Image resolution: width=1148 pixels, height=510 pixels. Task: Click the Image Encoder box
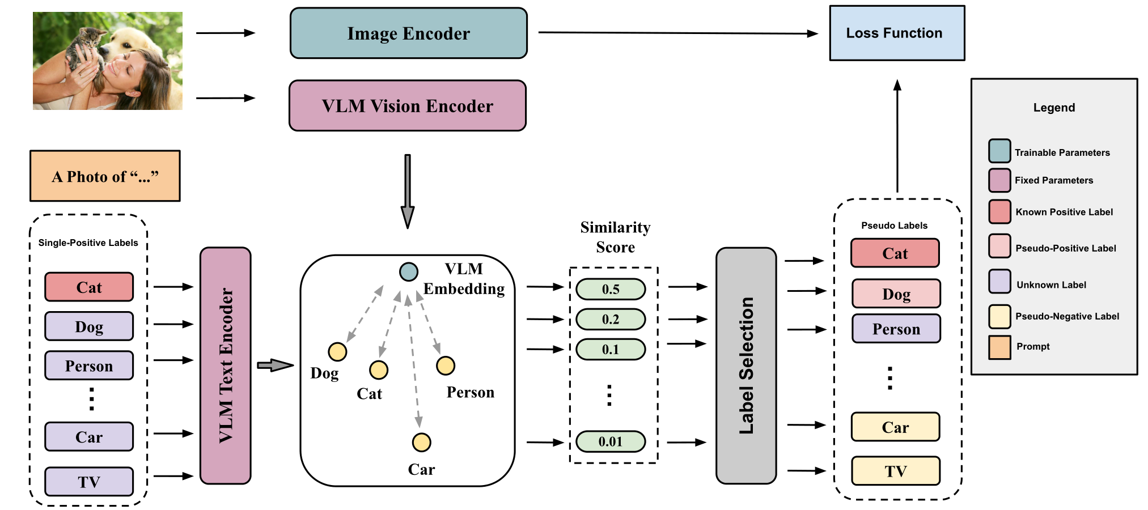point(408,33)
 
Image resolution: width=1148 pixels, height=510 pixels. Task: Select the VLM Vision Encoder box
point(407,106)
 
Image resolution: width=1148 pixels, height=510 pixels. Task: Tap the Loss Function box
point(896,33)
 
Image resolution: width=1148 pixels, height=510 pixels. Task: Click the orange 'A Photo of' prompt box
point(105,176)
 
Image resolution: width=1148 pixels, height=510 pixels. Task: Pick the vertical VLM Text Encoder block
point(226,365)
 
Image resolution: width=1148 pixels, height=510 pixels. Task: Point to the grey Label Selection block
point(746,365)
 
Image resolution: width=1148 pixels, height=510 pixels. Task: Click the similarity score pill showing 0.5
point(611,289)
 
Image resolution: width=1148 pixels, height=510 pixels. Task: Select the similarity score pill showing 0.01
point(611,441)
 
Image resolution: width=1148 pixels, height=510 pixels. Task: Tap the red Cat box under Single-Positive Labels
point(89,287)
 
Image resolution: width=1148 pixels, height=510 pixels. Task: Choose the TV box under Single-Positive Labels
point(89,482)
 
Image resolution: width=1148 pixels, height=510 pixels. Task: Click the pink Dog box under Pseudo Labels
point(896,294)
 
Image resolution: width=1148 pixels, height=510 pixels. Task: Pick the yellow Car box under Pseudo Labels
point(895,427)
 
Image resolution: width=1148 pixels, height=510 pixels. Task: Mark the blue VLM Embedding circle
point(408,272)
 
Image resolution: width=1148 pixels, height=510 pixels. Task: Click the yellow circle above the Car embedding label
point(421,442)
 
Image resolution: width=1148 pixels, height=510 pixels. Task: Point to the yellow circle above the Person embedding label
point(446,365)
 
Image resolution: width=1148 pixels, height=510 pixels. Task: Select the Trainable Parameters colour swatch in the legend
point(999,151)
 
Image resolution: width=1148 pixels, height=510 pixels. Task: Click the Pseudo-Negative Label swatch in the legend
point(999,316)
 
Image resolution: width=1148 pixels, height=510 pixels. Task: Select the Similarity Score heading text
point(615,237)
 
